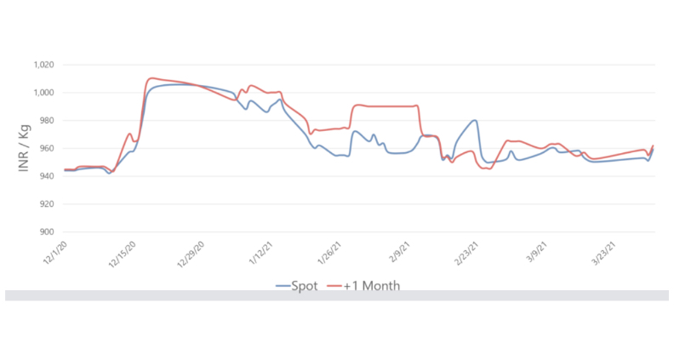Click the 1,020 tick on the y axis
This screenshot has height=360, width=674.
pos(43,65)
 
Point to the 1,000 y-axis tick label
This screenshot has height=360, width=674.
pos(43,93)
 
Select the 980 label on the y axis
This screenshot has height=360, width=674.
pos(47,121)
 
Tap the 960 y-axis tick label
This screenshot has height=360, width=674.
pos(47,149)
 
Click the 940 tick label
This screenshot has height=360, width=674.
pos(47,176)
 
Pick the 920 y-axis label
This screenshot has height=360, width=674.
pos(47,204)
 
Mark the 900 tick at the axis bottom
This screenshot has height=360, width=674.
pos(47,232)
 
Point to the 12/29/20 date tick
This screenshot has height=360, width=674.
pos(190,254)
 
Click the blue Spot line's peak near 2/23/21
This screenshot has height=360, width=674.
pos(475,121)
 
